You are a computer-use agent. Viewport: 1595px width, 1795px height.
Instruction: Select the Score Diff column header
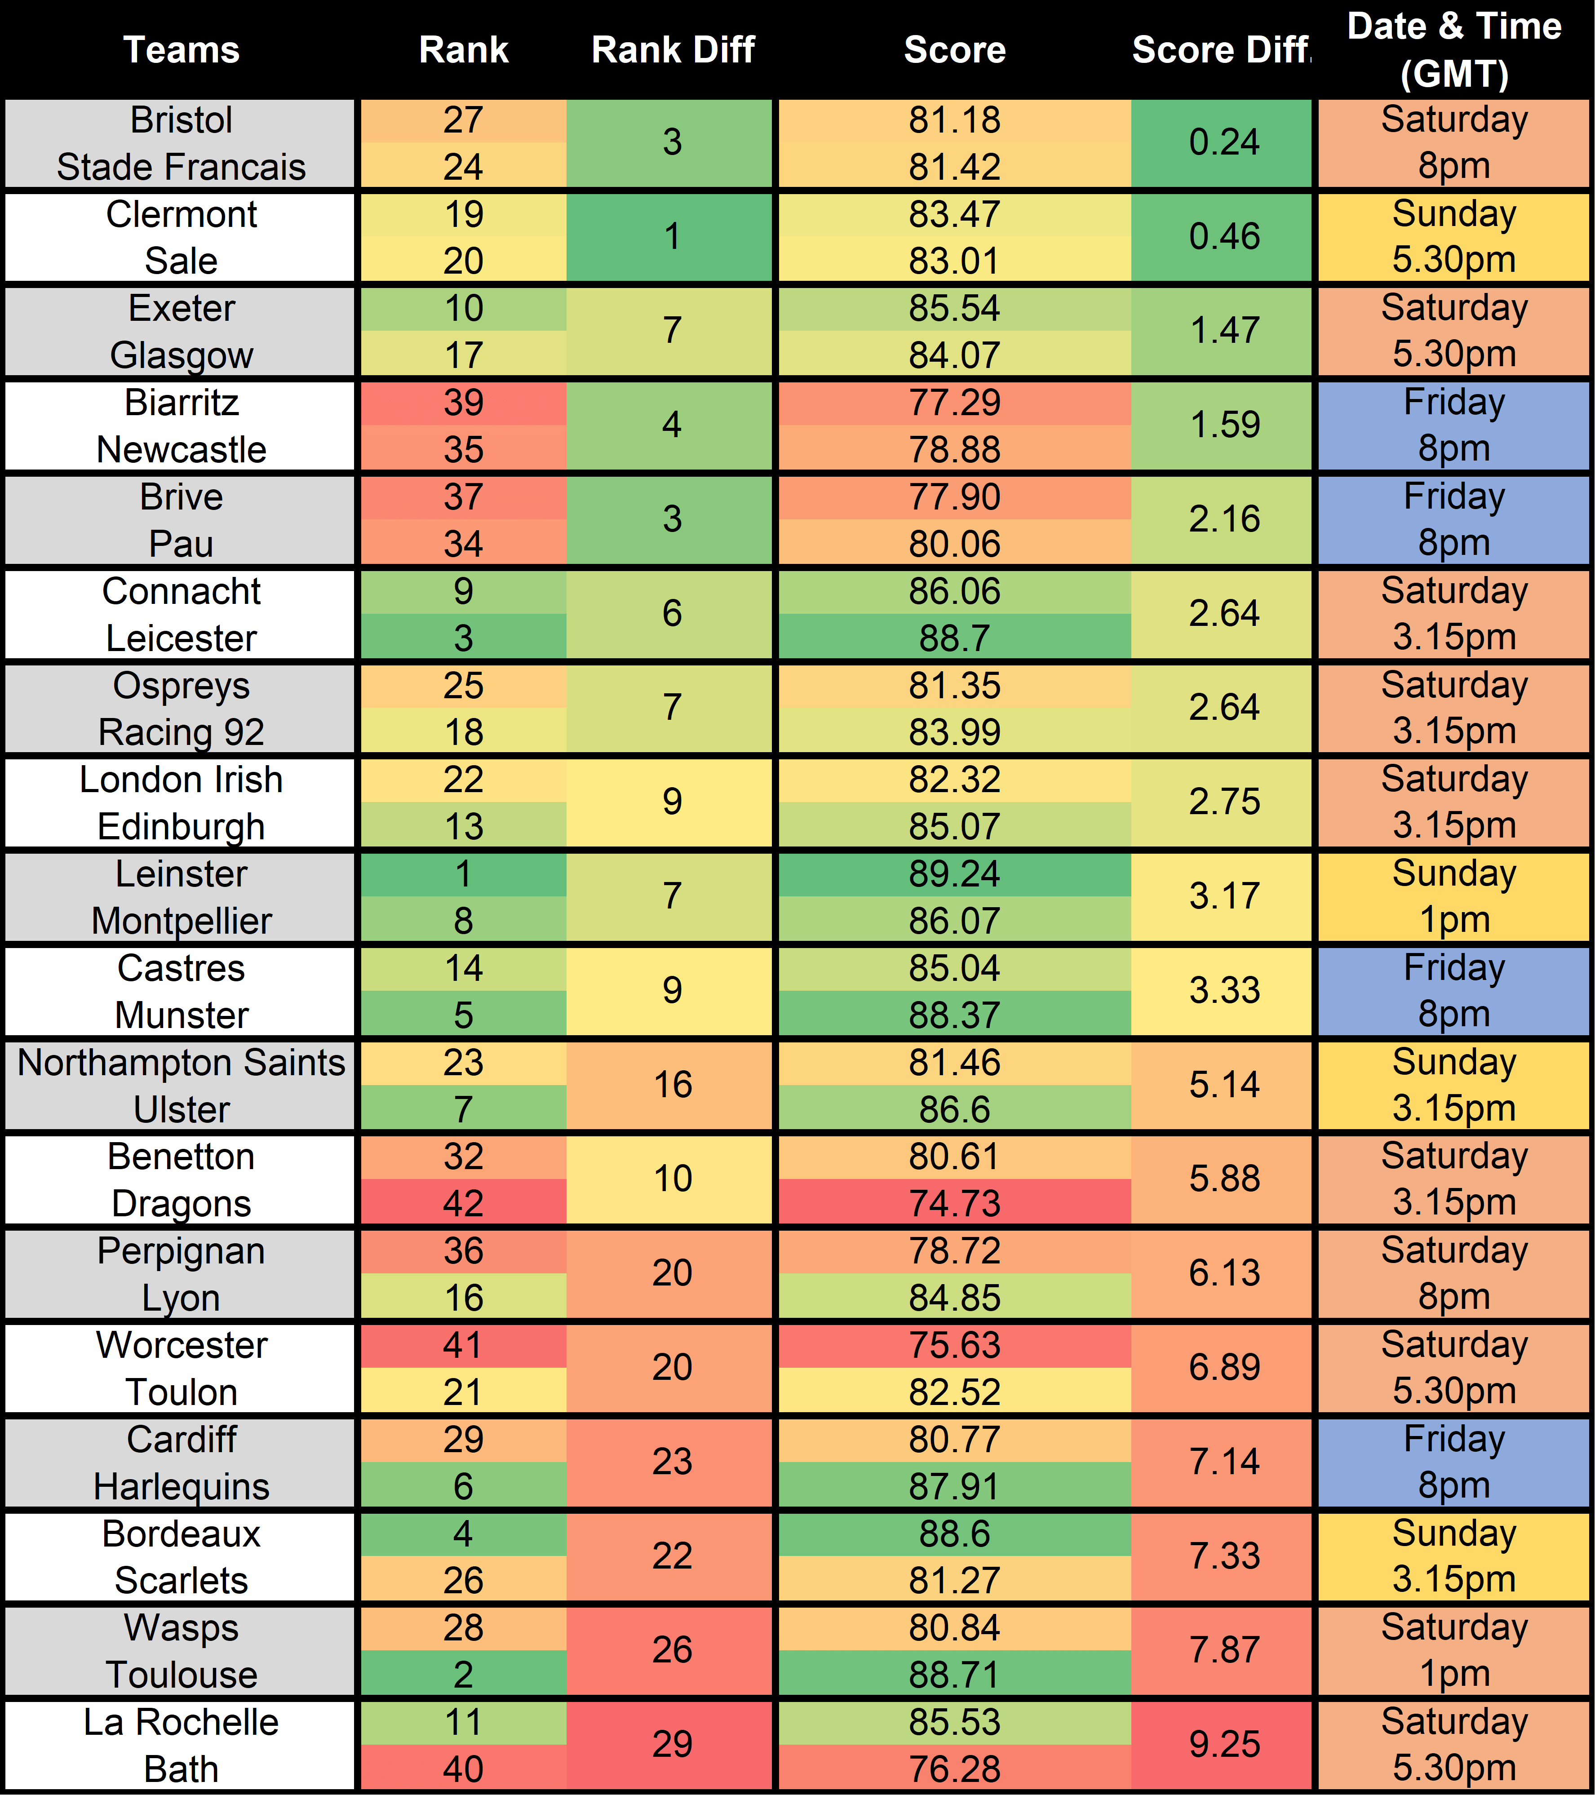tap(1221, 50)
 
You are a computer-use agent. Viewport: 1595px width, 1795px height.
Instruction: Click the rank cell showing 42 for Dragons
tap(463, 1203)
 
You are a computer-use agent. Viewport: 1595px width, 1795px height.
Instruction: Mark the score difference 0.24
tap(1224, 142)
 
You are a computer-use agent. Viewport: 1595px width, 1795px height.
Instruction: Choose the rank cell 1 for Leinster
tap(463, 874)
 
